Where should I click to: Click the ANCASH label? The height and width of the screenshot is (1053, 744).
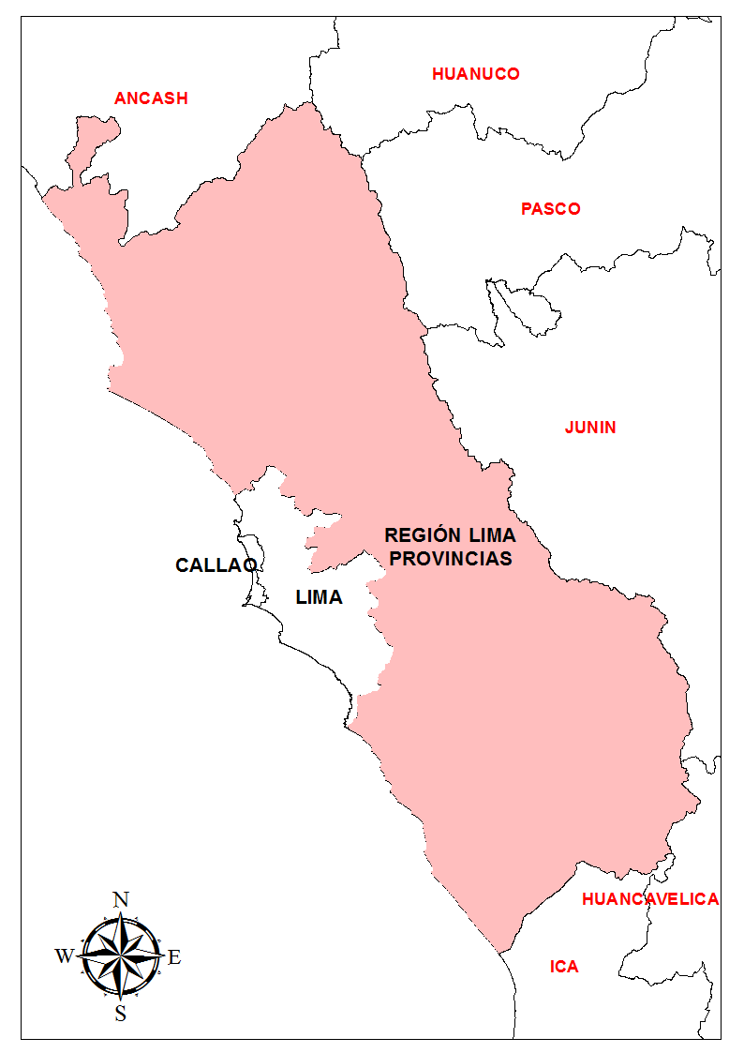click(x=151, y=98)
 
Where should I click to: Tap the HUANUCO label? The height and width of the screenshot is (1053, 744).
click(x=475, y=74)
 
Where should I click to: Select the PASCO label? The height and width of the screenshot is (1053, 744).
click(x=551, y=209)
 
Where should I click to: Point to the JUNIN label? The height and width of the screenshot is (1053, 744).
click(x=590, y=428)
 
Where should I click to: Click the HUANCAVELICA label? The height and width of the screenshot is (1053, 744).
click(x=650, y=899)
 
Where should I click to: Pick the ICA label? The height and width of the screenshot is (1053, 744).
click(x=564, y=967)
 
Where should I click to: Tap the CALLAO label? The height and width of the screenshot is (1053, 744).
click(x=216, y=565)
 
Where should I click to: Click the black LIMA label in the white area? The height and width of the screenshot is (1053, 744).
click(x=319, y=597)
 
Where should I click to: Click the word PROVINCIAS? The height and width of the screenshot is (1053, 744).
click(x=451, y=559)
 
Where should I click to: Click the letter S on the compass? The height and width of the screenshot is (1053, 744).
click(x=120, y=1013)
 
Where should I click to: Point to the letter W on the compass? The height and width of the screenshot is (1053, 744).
click(x=65, y=956)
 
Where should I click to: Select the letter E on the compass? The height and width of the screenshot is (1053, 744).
click(x=174, y=957)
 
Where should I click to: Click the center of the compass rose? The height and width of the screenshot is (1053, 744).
click(x=120, y=956)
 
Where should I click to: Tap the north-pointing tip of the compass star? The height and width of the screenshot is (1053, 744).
click(x=120, y=913)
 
